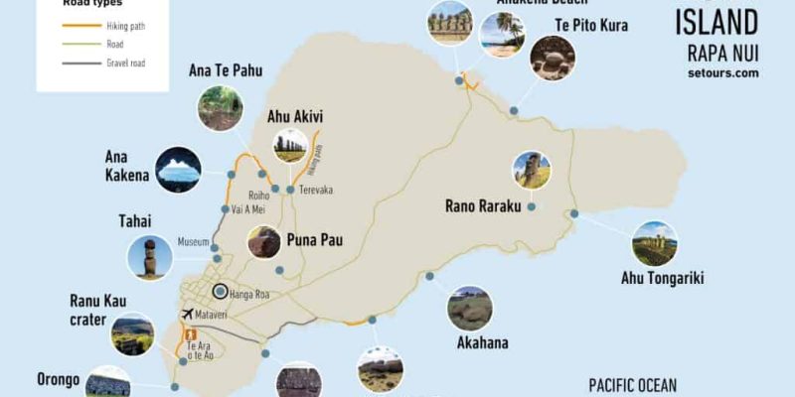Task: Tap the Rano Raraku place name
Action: pyautogui.click(x=489, y=207)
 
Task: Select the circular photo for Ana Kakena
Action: pyautogui.click(x=178, y=170)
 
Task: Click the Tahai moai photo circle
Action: pyautogui.click(x=150, y=258)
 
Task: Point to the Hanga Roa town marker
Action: pyautogui.click(x=221, y=291)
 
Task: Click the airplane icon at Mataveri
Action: pyautogui.click(x=187, y=314)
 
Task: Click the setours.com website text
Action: pyautogui.click(x=722, y=72)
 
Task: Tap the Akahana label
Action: pyautogui.click(x=482, y=343)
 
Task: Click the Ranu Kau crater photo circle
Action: pyautogui.click(x=132, y=334)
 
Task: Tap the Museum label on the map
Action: pyautogui.click(x=193, y=241)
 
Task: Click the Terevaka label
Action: pyautogui.click(x=317, y=189)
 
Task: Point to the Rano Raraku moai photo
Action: pyautogui.click(x=532, y=171)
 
